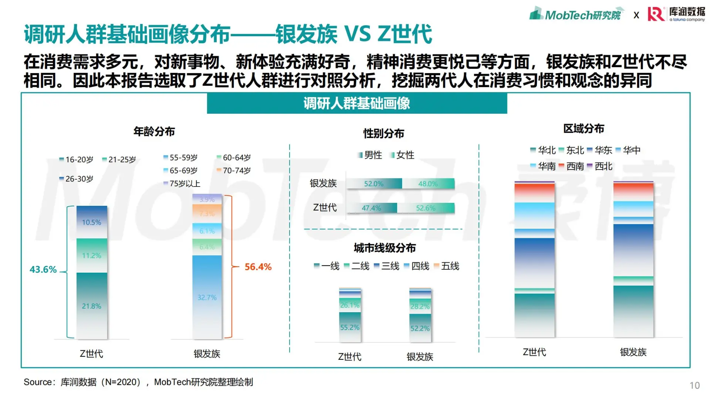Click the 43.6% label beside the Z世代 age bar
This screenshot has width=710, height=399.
pyautogui.click(x=43, y=270)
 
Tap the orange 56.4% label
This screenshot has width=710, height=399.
pyautogui.click(x=258, y=267)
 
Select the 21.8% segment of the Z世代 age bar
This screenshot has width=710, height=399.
pyautogui.click(x=92, y=306)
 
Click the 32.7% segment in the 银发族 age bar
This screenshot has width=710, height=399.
pyautogui.click(x=207, y=297)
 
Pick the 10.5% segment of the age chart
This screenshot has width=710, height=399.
pyautogui.click(x=92, y=222)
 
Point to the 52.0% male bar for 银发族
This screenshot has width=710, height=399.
pyautogui.click(x=373, y=184)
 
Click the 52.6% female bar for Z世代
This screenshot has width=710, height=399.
pyautogui.click(x=426, y=208)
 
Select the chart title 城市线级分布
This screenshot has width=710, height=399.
pyautogui.click(x=385, y=248)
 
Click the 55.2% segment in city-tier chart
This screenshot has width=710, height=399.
pyautogui.click(x=349, y=327)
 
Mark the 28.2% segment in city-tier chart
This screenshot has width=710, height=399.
pyautogui.click(x=420, y=306)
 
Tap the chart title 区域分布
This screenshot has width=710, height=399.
pyautogui.click(x=583, y=129)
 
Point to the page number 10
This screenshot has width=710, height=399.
pyautogui.click(x=694, y=385)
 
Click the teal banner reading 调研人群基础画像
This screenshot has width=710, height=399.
pyautogui.click(x=356, y=103)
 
